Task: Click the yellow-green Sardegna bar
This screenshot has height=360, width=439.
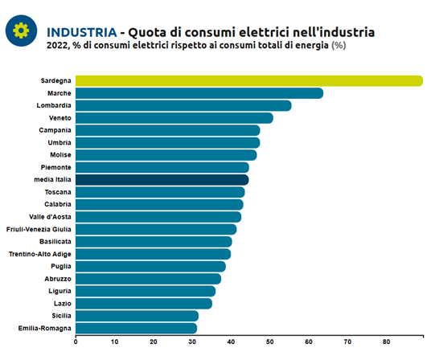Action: tap(249, 81)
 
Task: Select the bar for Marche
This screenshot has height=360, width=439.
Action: tap(199, 93)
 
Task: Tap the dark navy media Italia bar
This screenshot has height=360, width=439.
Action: tap(162, 179)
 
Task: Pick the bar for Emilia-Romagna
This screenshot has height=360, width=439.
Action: tap(137, 328)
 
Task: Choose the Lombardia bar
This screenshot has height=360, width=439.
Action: tap(183, 105)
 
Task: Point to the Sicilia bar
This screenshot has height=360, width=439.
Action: tap(137, 316)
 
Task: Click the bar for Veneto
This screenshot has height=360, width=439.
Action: tap(174, 118)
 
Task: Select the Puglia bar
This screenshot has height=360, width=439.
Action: tap(150, 266)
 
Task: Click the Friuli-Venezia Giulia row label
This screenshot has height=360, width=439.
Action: tap(39, 229)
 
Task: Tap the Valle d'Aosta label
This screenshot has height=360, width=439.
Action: tap(50, 217)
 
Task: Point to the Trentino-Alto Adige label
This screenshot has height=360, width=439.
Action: tap(39, 254)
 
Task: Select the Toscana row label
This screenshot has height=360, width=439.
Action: tap(58, 192)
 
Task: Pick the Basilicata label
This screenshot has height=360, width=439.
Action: tap(55, 241)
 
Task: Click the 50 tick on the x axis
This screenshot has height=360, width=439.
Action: tap(270, 342)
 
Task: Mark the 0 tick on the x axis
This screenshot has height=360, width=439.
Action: tap(76, 342)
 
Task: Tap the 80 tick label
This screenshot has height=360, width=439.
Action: tap(387, 342)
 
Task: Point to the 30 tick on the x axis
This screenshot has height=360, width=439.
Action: tap(192, 342)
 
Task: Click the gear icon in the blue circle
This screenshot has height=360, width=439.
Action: tap(21, 31)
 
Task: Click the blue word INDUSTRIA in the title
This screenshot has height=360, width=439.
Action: tap(82, 32)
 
